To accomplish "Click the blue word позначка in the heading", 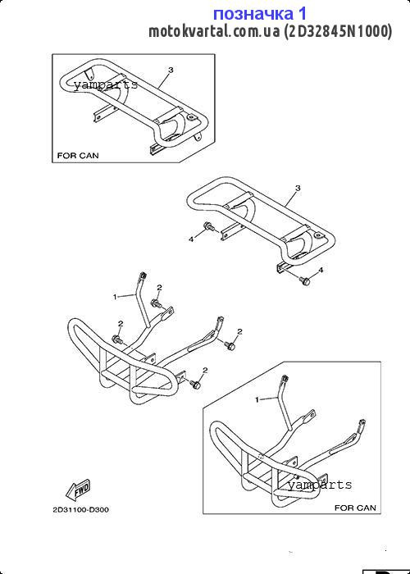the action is pyautogui.click(x=253, y=14).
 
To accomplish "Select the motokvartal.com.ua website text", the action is pyautogui.click(x=215, y=32).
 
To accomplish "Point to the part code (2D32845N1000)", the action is pyautogui.click(x=338, y=32).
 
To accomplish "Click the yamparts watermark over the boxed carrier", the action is pyautogui.click(x=106, y=85).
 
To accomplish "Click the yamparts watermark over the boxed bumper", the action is pyautogui.click(x=319, y=485).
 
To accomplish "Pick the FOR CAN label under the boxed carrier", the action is pyautogui.click(x=78, y=156).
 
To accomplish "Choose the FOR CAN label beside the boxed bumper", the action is pyautogui.click(x=355, y=508).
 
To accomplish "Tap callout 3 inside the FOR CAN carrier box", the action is pyautogui.click(x=171, y=70).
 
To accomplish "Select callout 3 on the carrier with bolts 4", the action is pyautogui.click(x=298, y=188).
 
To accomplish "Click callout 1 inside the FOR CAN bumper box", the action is pyautogui.click(x=257, y=400).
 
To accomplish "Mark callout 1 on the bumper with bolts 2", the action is pyautogui.click(x=115, y=297).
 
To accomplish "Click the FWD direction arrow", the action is pyautogui.click(x=78, y=490).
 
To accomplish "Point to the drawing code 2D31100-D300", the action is pyautogui.click(x=80, y=509).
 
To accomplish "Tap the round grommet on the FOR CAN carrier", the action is pyautogui.click(x=191, y=117).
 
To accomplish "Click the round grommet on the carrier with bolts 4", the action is pyautogui.click(x=318, y=235).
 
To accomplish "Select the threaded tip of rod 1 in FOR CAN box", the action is pyautogui.click(x=285, y=379).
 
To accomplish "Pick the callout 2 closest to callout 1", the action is pyautogui.click(x=159, y=288).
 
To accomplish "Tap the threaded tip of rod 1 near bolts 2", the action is pyautogui.click(x=143, y=276).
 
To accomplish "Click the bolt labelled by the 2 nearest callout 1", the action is pyautogui.click(x=155, y=303).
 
